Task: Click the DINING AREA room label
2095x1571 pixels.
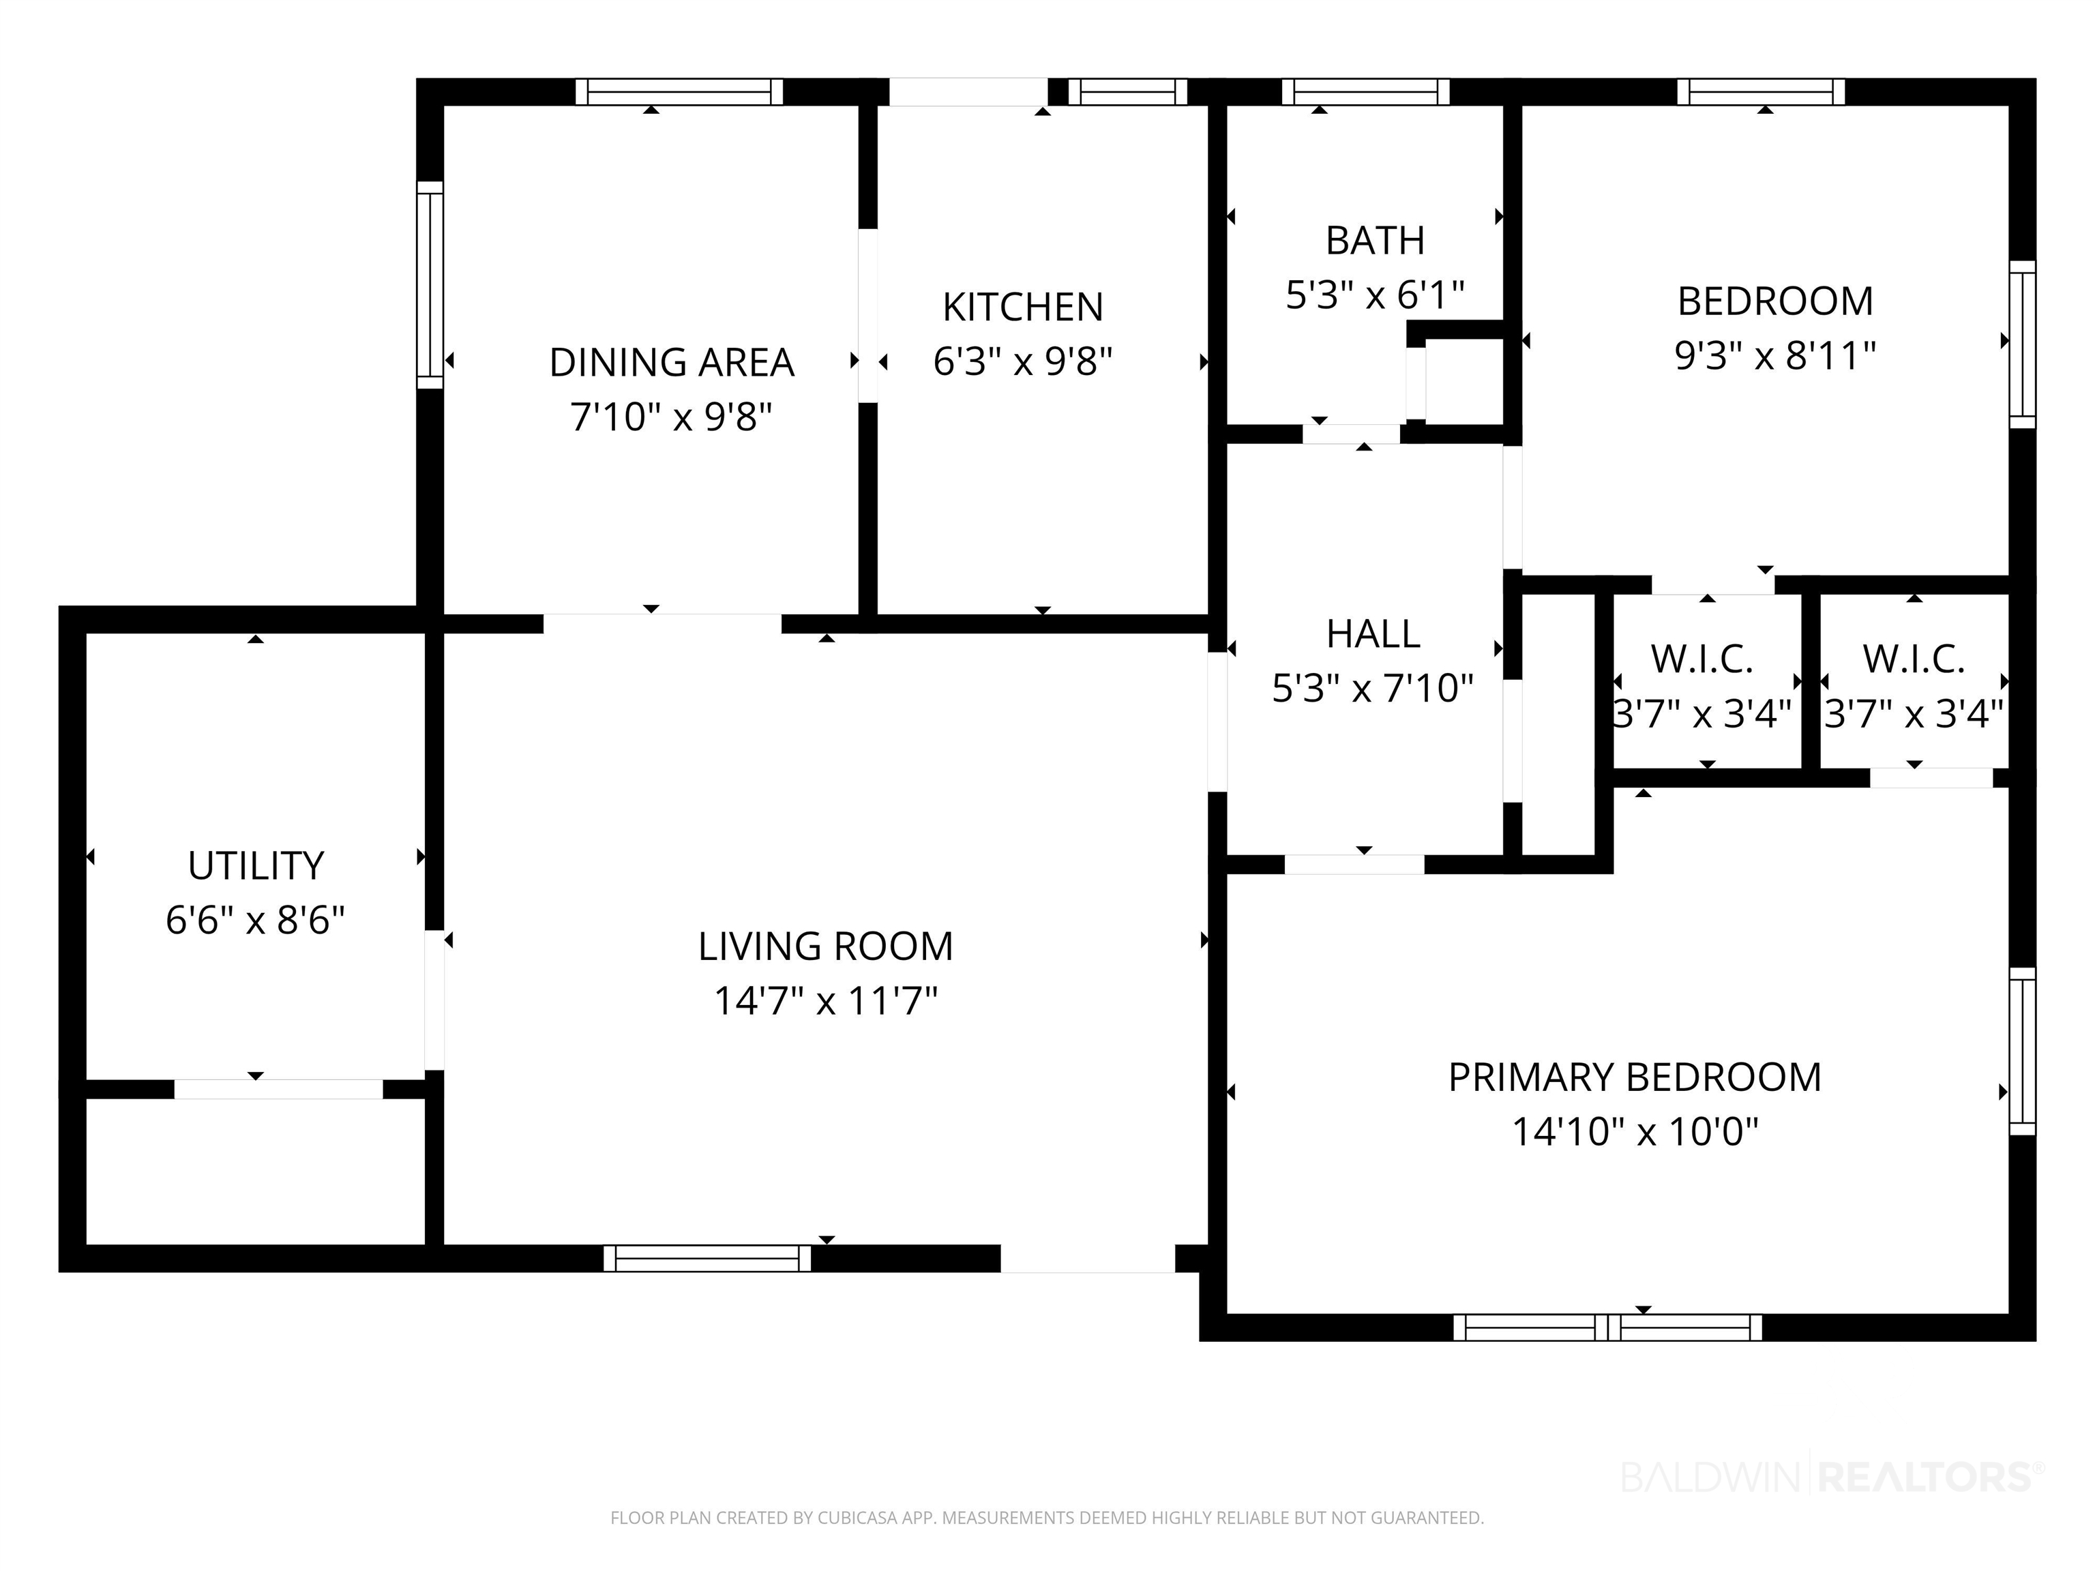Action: pyautogui.click(x=672, y=362)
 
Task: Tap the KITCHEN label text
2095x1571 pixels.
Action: pyautogui.click(x=1023, y=307)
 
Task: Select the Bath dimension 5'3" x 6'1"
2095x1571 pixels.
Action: pyautogui.click(x=1376, y=295)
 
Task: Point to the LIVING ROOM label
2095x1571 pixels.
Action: pyautogui.click(x=826, y=946)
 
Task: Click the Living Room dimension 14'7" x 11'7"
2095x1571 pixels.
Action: pyautogui.click(x=826, y=1001)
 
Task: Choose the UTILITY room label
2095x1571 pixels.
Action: pyautogui.click(x=256, y=865)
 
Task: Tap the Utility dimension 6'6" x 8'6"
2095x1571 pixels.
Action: pyautogui.click(x=256, y=921)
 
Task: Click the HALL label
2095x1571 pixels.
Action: pyautogui.click(x=1373, y=633)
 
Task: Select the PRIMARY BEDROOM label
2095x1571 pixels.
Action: pyautogui.click(x=1635, y=1077)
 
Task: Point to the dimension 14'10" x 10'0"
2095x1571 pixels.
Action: pyautogui.click(x=1635, y=1132)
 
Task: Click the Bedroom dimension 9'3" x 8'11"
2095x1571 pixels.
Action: pyautogui.click(x=1776, y=356)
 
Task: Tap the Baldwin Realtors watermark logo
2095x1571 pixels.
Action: pyautogui.click(x=1832, y=1476)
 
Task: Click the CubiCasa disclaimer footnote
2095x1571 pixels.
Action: pyautogui.click(x=1047, y=1518)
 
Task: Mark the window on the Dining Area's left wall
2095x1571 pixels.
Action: pyautogui.click(x=430, y=285)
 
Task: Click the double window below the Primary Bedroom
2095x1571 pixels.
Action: pyautogui.click(x=1607, y=1328)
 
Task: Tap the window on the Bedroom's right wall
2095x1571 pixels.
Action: pyautogui.click(x=2022, y=344)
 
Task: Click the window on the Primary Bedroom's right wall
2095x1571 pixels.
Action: pyautogui.click(x=2022, y=1051)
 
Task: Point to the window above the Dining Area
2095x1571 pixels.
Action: pyautogui.click(x=679, y=92)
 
